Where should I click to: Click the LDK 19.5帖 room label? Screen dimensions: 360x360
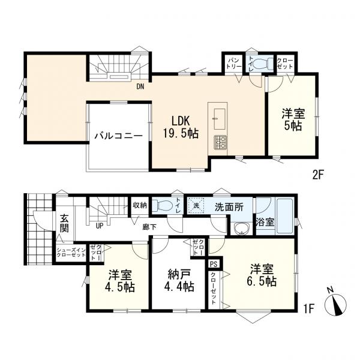pyautogui.click(x=179, y=126)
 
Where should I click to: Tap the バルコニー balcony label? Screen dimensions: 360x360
pyautogui.click(x=118, y=136)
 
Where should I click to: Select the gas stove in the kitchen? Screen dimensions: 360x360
pyautogui.click(x=220, y=143)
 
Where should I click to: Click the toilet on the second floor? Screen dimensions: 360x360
pyautogui.click(x=259, y=64)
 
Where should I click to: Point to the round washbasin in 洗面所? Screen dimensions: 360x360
pyautogui.click(x=242, y=229)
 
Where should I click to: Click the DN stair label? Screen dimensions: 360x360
pyautogui.click(x=140, y=86)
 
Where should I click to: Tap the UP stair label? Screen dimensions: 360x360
pyautogui.click(x=100, y=226)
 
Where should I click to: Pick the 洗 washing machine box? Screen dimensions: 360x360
pyautogui.click(x=196, y=205)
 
